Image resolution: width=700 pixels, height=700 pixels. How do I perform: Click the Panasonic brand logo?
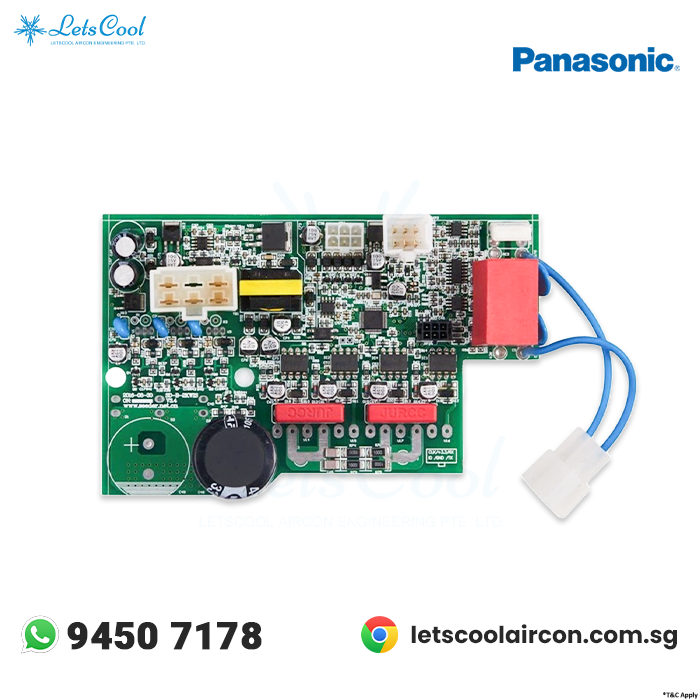[x=594, y=59]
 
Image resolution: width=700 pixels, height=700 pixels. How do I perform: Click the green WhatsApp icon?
[x=40, y=635]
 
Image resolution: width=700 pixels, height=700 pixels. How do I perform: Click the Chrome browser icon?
[x=379, y=635]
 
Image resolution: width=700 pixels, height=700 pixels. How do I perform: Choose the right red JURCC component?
[x=395, y=411]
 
